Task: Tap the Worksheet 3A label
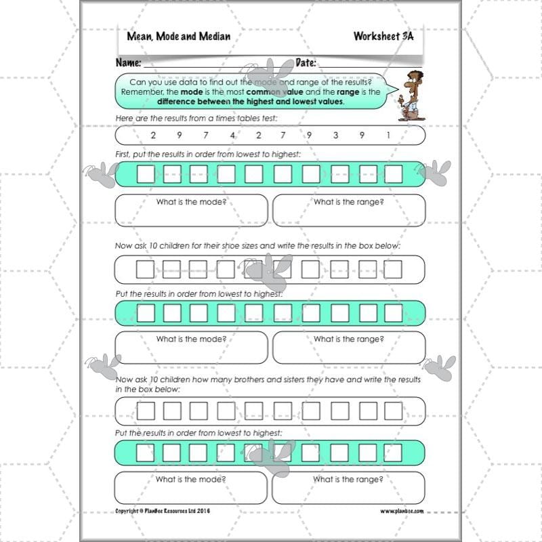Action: click(383, 36)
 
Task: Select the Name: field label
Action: click(128, 63)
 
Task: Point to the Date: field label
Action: click(306, 63)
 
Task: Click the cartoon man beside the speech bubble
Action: click(409, 95)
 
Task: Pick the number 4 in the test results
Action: click(232, 135)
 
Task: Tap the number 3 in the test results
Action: click(335, 135)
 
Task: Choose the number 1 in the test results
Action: click(388, 135)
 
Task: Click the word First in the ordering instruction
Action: click(125, 154)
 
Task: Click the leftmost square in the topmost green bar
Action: click(146, 175)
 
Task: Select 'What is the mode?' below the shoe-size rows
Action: click(191, 339)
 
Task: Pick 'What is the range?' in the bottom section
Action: click(348, 479)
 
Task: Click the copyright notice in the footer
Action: click(163, 511)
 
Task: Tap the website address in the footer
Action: click(402, 511)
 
